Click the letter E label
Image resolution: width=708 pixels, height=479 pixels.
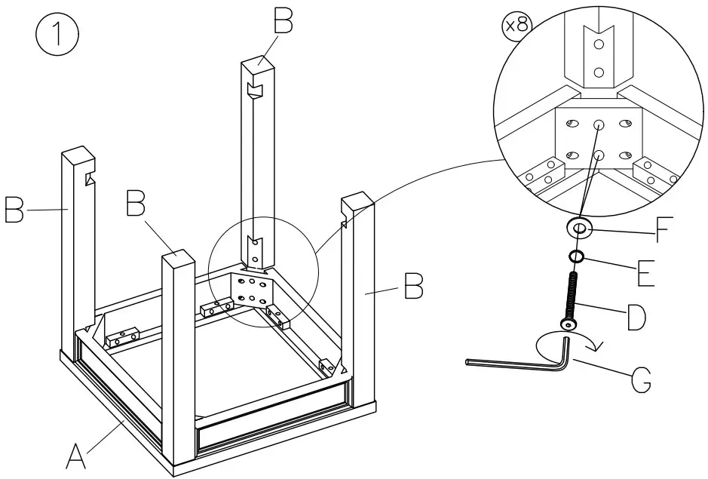tap(645, 273)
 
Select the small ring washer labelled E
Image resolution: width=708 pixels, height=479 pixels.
tap(576, 257)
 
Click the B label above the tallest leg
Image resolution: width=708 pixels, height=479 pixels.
tap(283, 23)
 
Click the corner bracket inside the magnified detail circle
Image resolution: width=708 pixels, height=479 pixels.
tap(598, 140)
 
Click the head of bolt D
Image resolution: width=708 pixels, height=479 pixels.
tap(568, 324)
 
